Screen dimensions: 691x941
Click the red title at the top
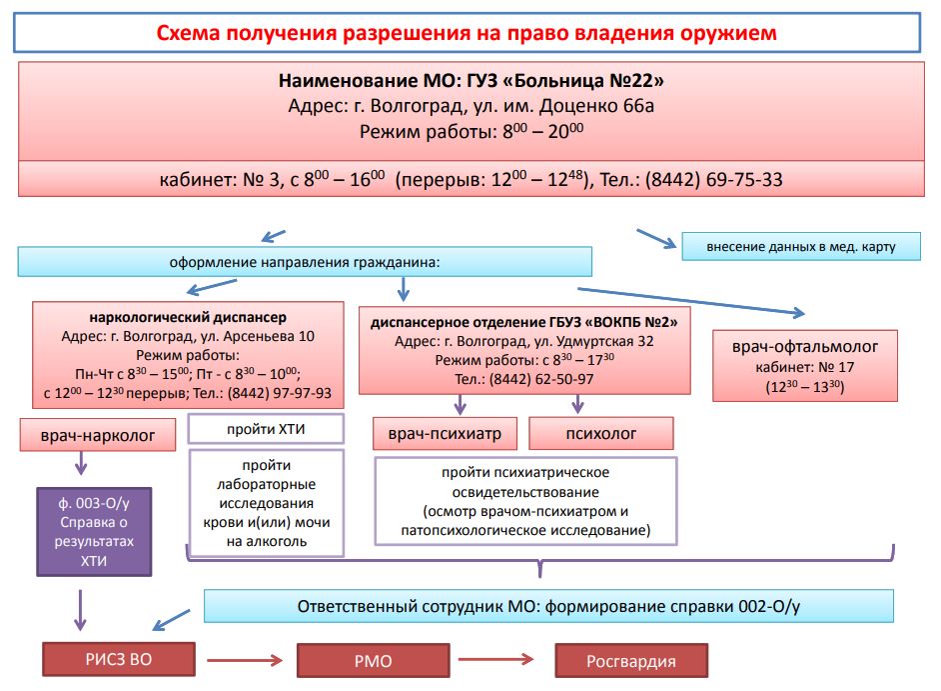[467, 33]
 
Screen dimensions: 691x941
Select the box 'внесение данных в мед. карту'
[800, 246]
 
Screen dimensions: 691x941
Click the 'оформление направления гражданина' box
[305, 262]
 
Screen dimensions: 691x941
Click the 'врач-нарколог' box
[97, 436]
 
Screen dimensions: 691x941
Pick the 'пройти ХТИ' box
[266, 429]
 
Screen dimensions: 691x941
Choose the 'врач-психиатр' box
[445, 434]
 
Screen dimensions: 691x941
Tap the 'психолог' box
[600, 434]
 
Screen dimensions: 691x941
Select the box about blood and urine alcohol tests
[266, 503]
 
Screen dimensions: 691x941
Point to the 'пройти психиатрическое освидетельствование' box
[524, 501]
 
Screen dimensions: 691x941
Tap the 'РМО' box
[372, 661]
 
